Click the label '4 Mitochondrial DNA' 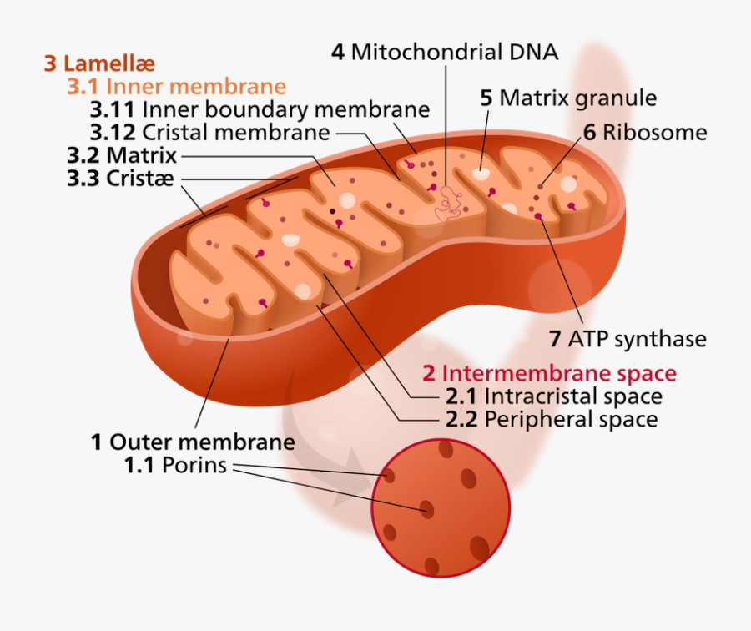[445, 52]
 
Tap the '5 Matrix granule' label [568, 98]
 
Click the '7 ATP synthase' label [628, 339]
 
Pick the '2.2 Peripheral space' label [552, 419]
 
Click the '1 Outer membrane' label [193, 442]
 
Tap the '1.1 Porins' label [176, 465]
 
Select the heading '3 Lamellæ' [99, 63]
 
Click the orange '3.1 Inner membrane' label [176, 87]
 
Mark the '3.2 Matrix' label [122, 155]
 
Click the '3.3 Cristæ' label [121, 179]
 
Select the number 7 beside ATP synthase [555, 339]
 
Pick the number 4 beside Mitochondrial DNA [337, 52]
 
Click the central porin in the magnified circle [427, 508]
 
